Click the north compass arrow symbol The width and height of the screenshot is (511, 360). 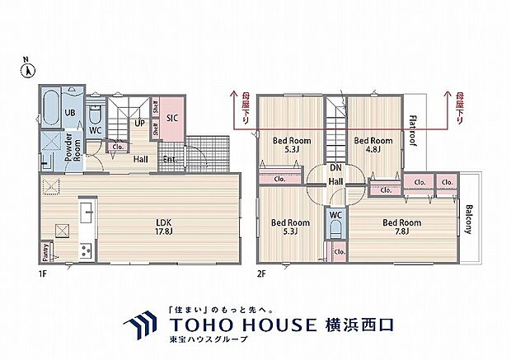point(26,70)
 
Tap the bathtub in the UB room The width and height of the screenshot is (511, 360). point(49,106)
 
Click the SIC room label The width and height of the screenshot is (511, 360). point(173,118)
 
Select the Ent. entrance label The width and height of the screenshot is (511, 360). point(170,160)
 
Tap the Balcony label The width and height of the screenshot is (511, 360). point(469,218)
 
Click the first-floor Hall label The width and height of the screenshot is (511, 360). point(141,160)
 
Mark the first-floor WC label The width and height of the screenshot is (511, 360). point(95,129)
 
